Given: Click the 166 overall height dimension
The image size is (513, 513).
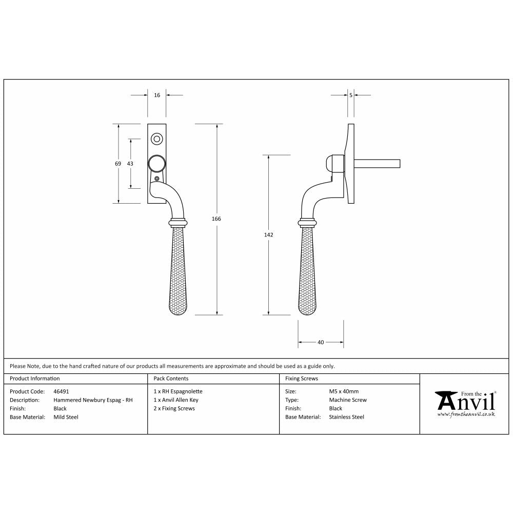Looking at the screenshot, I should (x=216, y=219).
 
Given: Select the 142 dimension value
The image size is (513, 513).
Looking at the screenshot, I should (x=269, y=234).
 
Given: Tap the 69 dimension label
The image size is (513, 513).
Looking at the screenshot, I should (x=118, y=164).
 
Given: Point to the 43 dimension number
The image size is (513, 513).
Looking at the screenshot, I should (x=130, y=164).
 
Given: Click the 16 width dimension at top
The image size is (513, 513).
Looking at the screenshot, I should (x=157, y=95).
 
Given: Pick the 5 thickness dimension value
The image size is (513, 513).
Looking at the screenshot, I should (x=350, y=95).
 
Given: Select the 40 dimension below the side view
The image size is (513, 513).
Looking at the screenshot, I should (x=321, y=342).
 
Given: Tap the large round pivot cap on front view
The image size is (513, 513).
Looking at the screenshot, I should (x=157, y=164).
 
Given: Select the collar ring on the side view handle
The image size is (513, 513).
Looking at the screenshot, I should (x=307, y=223).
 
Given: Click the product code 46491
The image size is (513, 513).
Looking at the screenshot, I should (x=61, y=391).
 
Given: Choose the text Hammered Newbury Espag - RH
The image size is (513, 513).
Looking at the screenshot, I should (x=93, y=400).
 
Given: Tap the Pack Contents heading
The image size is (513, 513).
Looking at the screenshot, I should (x=171, y=379).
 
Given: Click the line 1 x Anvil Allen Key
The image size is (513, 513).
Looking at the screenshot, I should (x=175, y=400).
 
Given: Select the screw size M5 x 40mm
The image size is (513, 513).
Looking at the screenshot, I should (x=344, y=391).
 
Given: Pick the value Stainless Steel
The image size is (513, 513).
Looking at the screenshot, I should (x=346, y=417).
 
